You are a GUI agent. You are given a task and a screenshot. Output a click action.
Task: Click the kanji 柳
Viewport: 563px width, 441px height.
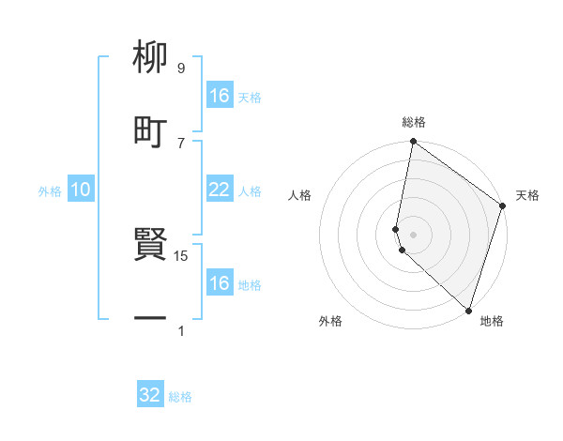pyautogui.click(x=150, y=56)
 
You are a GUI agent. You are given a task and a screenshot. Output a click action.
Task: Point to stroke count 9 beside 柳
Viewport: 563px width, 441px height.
pyautogui.click(x=181, y=68)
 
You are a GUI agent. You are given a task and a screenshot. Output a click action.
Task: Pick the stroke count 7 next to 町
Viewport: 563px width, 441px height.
pyautogui.click(x=181, y=143)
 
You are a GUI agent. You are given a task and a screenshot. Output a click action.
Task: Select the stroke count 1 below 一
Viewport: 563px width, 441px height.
pyautogui.click(x=181, y=331)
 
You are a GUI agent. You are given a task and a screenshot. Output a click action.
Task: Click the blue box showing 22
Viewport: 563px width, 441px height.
pyautogui.click(x=220, y=190)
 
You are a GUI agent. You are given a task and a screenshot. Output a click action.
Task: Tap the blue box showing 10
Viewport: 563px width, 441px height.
pyautogui.click(x=81, y=190)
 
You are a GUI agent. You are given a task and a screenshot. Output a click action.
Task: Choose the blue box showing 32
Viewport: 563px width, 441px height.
pyautogui.click(x=150, y=395)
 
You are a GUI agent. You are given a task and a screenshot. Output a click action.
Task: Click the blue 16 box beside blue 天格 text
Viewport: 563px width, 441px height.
pyautogui.click(x=220, y=96)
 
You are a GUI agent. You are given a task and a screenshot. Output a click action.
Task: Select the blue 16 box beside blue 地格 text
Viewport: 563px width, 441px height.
pyautogui.click(x=220, y=283)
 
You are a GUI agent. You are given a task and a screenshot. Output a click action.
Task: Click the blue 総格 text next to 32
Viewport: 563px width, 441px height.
pyautogui.click(x=180, y=397)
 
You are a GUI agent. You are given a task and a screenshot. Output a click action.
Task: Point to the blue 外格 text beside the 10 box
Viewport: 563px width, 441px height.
pyautogui.click(x=50, y=191)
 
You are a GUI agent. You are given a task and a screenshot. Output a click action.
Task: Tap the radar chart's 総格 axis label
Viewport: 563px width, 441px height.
pyautogui.click(x=414, y=122)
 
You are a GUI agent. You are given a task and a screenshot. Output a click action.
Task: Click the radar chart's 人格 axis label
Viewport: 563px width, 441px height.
pyautogui.click(x=300, y=195)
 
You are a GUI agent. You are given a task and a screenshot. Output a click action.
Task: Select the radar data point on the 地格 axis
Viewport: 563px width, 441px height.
pyautogui.click(x=468, y=311)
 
